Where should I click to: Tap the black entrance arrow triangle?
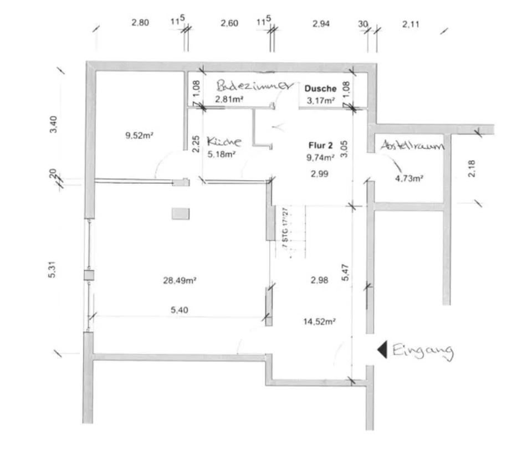click(x=382, y=350)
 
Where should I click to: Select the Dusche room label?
click(x=320, y=89)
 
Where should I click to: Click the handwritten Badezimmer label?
click(x=253, y=86)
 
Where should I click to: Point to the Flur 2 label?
click(x=320, y=146)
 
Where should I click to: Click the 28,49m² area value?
click(x=180, y=281)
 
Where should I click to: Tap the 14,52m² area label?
click(x=321, y=321)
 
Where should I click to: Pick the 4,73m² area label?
click(x=409, y=178)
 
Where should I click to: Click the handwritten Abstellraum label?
click(x=412, y=146)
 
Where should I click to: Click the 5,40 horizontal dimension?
click(x=180, y=311)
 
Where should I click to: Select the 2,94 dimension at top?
click(x=321, y=23)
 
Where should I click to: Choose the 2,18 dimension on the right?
click(x=472, y=168)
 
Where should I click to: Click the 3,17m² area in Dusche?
click(x=321, y=101)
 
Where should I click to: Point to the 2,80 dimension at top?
click(x=140, y=23)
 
